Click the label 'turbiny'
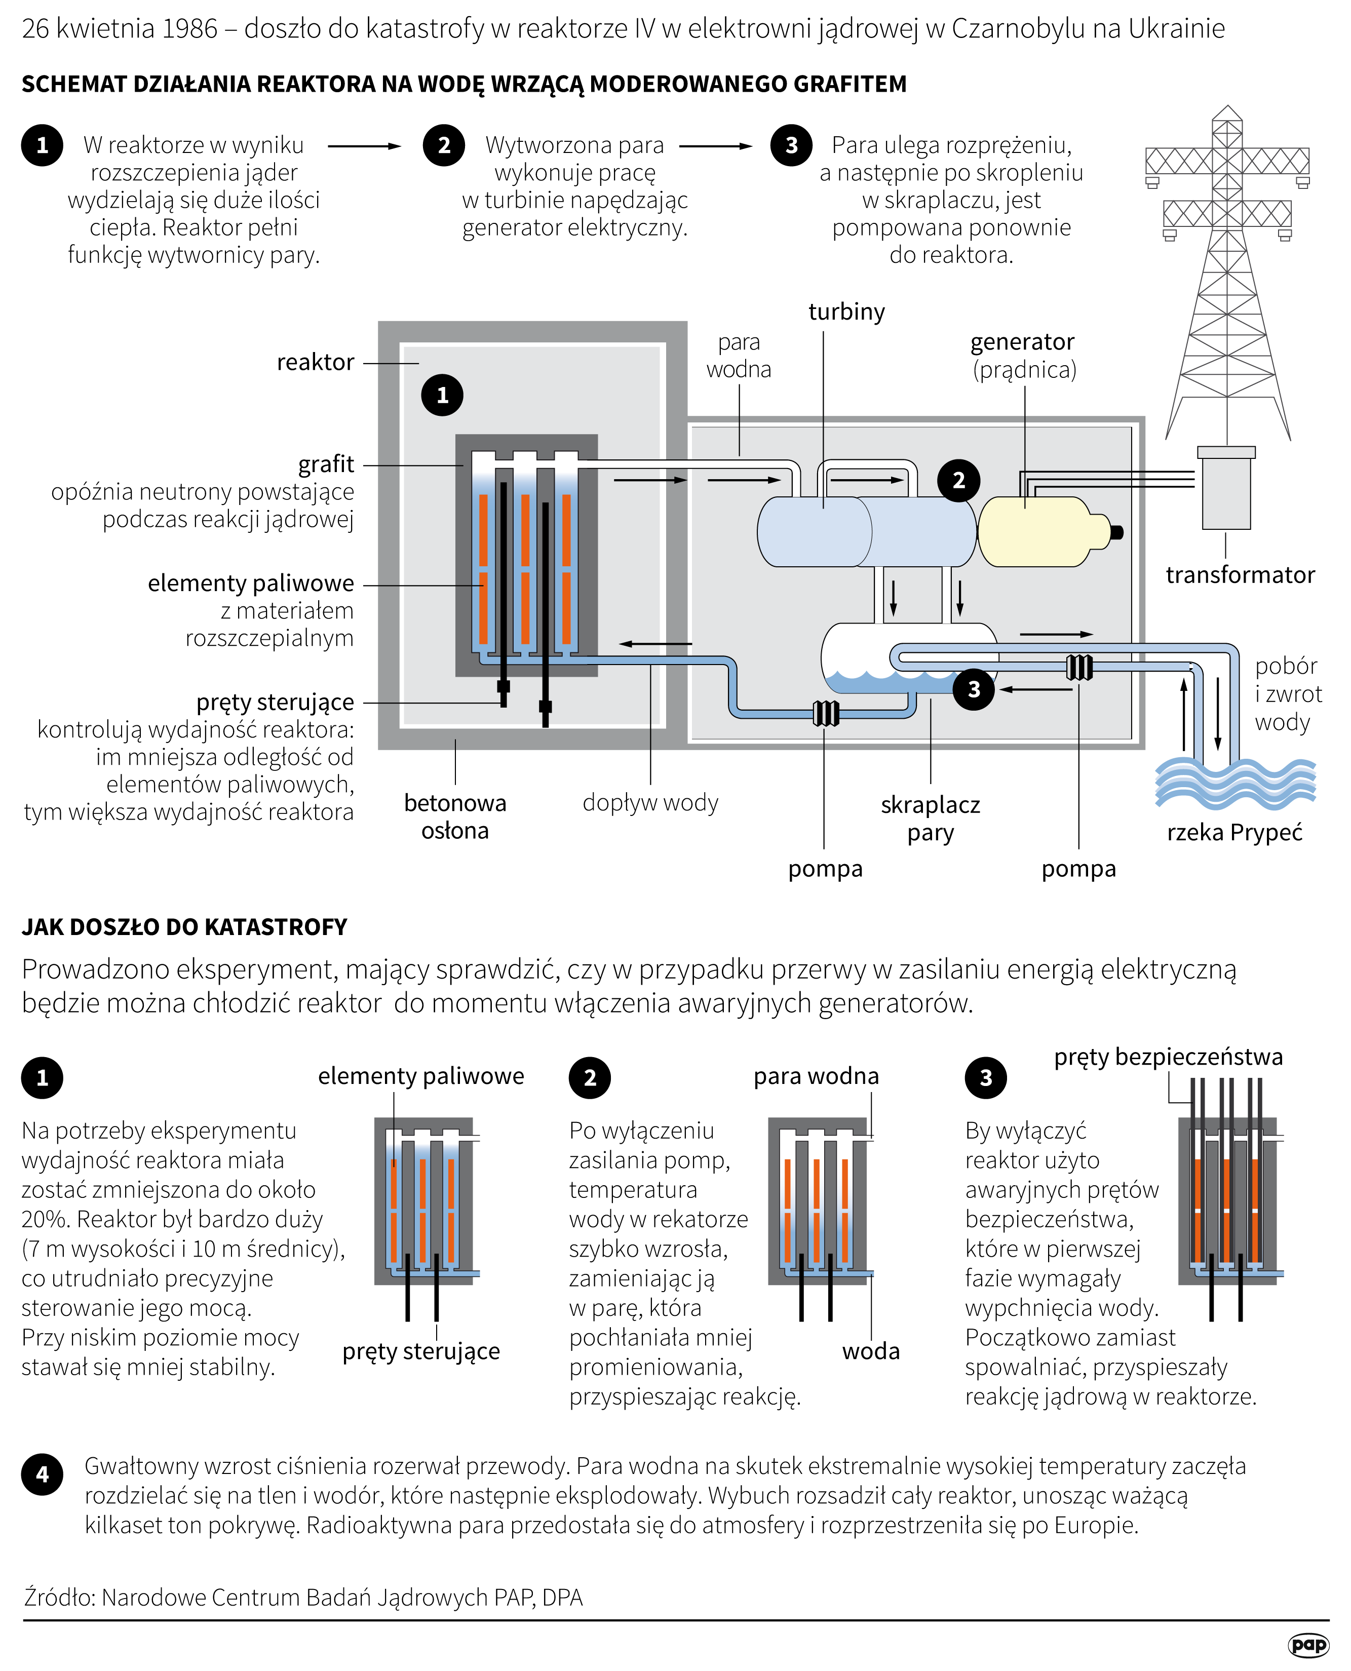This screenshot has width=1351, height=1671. coord(846,312)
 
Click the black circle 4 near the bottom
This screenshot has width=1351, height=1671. coord(43,1473)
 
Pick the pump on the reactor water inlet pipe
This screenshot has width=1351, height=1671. coord(826,713)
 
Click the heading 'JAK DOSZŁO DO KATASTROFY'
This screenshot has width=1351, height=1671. coord(184,927)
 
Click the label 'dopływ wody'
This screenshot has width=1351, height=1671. coord(650,802)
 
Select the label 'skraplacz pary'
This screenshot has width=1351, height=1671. coord(930,818)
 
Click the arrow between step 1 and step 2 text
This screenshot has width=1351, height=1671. coord(364,145)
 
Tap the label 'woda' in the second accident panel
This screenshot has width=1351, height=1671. coord(870,1351)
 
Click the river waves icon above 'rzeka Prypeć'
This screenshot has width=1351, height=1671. coord(1235,782)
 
